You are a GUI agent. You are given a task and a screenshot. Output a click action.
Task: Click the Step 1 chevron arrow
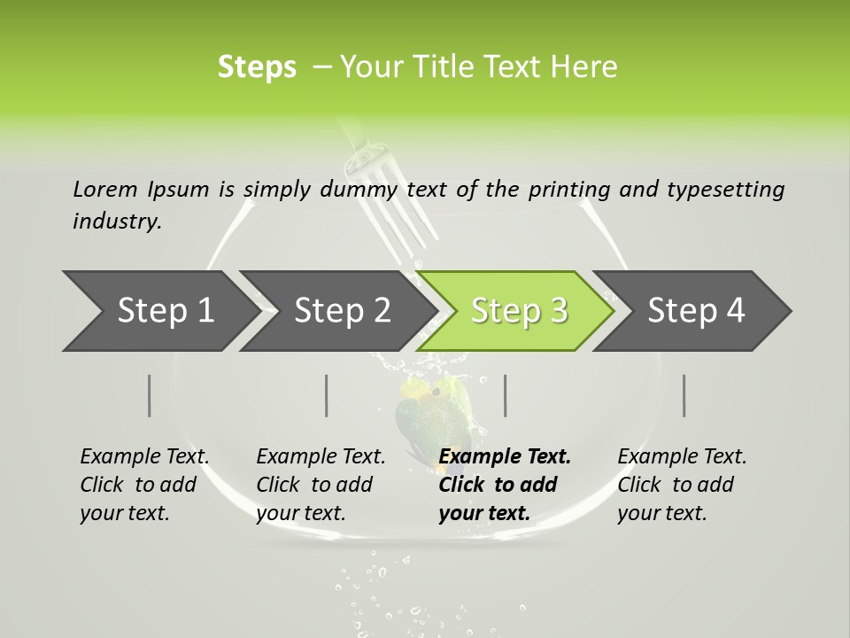159,311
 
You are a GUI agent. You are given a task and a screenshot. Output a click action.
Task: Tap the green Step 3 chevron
518,311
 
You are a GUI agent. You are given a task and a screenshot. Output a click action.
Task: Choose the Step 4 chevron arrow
695,311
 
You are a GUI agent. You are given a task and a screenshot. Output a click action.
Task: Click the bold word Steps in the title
257,67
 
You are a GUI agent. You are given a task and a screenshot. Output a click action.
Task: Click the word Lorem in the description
105,189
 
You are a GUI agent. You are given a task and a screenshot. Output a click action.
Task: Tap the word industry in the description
116,222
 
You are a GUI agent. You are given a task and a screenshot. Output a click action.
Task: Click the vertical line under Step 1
150,395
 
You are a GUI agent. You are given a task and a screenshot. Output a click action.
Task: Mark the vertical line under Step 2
327,395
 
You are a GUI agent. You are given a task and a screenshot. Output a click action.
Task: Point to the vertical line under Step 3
505,395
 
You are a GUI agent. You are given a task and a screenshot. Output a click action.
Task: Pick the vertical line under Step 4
684,395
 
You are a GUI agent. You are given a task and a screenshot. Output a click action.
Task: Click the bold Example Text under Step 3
505,457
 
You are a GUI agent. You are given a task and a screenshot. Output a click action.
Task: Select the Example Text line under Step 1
144,457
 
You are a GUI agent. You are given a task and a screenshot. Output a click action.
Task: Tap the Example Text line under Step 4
682,457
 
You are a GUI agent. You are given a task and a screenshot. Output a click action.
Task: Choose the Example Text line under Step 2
321,457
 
